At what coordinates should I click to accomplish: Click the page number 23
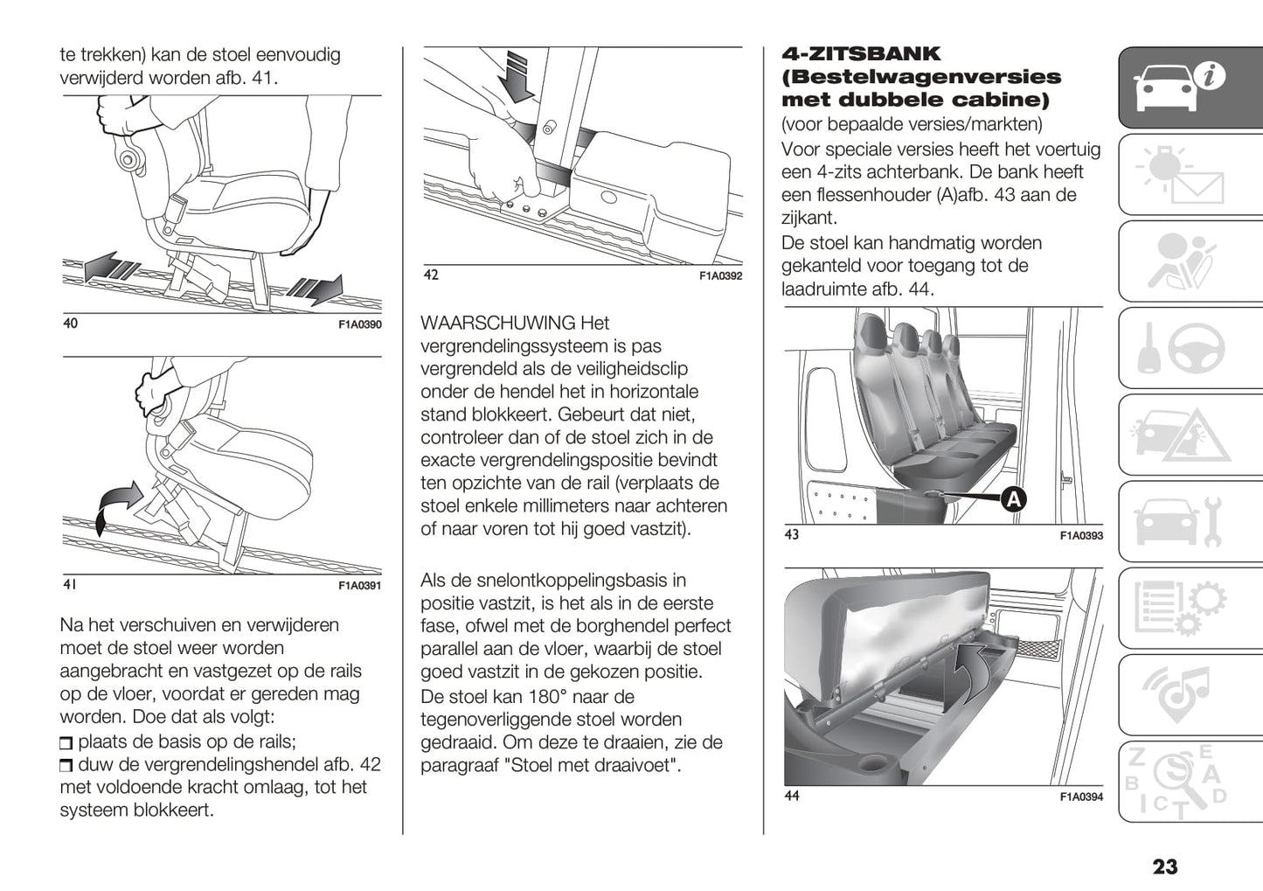click(x=1164, y=867)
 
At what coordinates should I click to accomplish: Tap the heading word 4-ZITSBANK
click(x=861, y=54)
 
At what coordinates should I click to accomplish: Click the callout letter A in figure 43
click(x=1013, y=499)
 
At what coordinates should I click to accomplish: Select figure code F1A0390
click(x=360, y=324)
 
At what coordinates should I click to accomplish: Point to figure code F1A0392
click(x=720, y=276)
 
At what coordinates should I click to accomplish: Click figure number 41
click(x=70, y=584)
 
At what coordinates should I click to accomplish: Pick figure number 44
click(x=792, y=796)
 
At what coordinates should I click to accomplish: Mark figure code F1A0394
click(x=1081, y=797)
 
